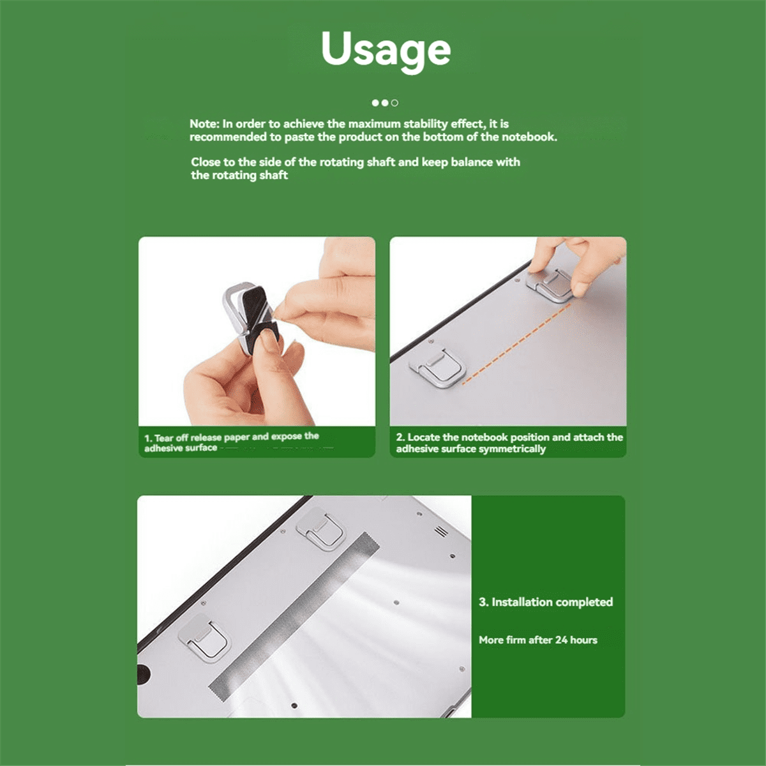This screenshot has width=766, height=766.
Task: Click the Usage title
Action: pyautogui.click(x=386, y=50)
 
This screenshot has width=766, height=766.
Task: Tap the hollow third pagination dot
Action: pyautogui.click(x=394, y=103)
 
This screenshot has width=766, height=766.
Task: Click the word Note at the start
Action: pyautogui.click(x=204, y=124)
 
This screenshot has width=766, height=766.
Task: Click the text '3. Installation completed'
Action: pyautogui.click(x=546, y=602)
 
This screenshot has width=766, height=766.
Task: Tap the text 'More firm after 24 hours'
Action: pyautogui.click(x=538, y=640)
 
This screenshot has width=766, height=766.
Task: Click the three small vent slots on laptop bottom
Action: pyautogui.click(x=441, y=531)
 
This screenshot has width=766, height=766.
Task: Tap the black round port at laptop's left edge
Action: pyautogui.click(x=142, y=673)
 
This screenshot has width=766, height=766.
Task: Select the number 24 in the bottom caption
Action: pyautogui.click(x=561, y=640)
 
